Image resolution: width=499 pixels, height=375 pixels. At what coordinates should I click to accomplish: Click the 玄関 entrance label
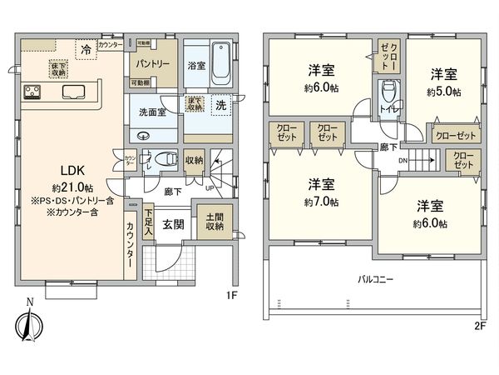pos(173,225)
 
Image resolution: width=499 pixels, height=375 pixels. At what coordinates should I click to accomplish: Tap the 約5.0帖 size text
pos(442,92)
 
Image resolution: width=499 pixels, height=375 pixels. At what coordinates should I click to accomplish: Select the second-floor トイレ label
pos(388,107)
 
